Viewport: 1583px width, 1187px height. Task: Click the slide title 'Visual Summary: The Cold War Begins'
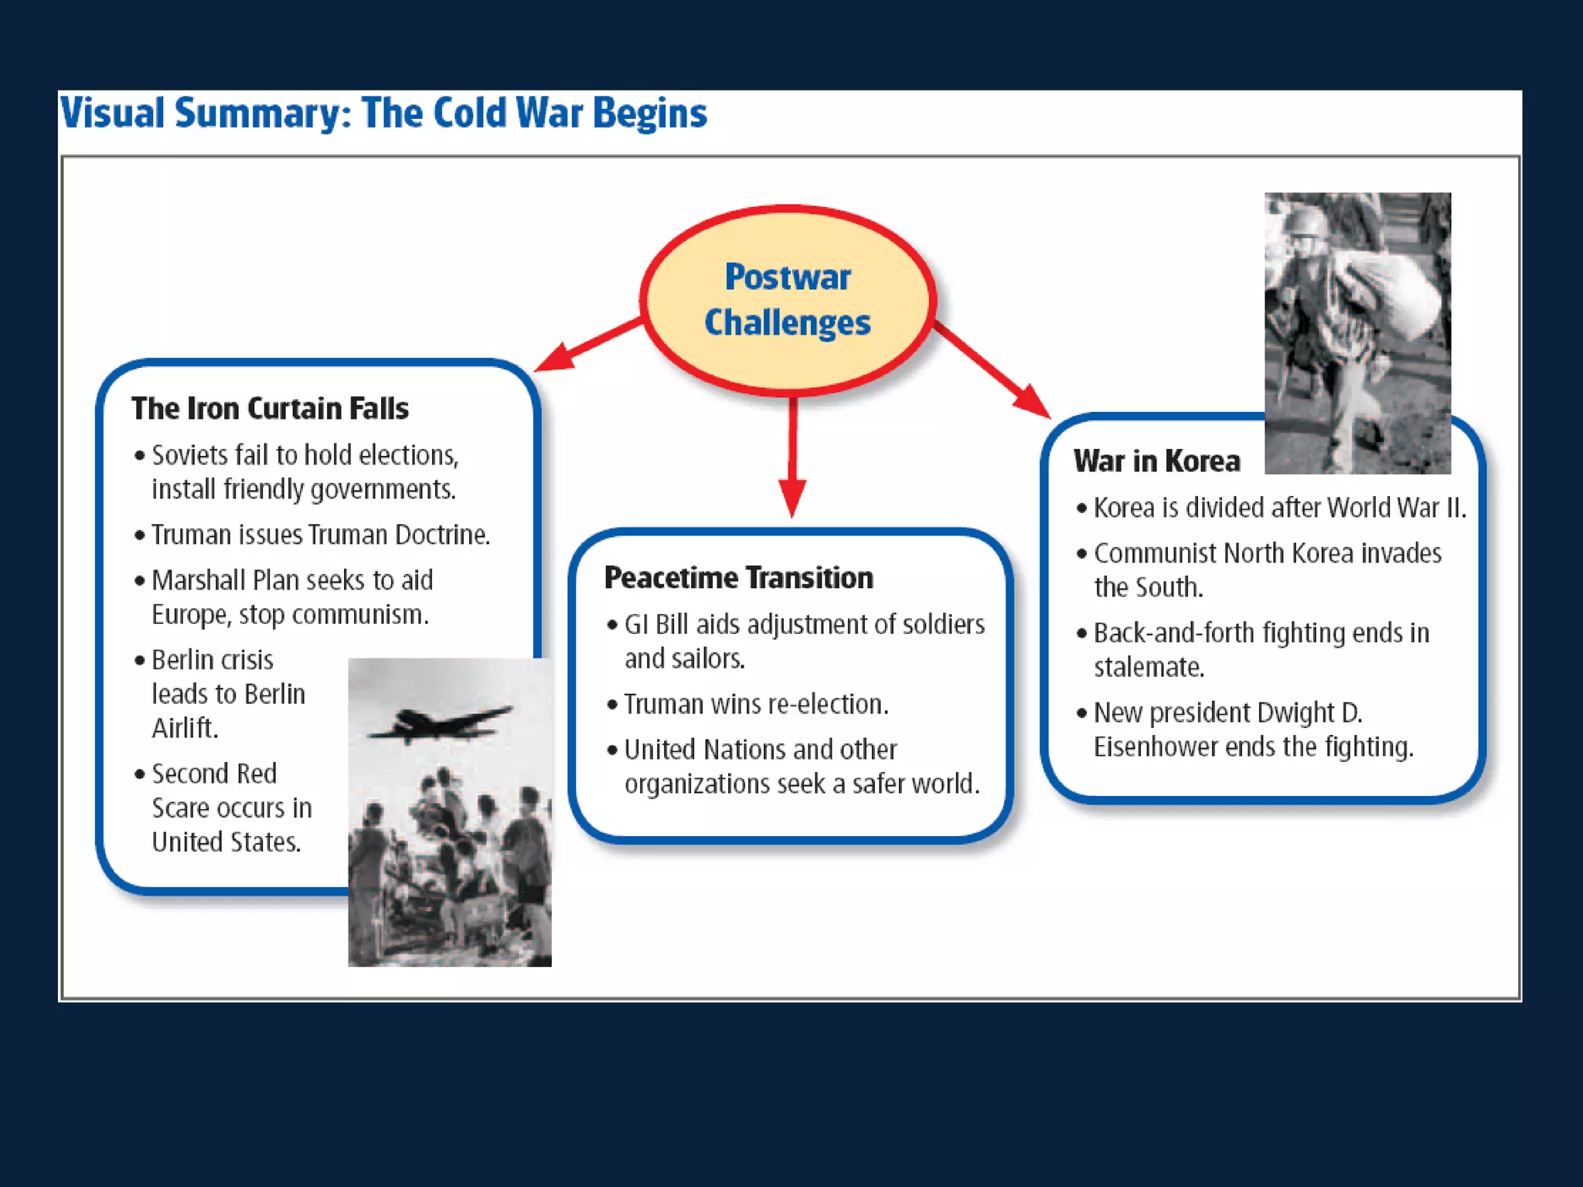383,113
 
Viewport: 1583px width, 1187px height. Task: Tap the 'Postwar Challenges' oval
788,300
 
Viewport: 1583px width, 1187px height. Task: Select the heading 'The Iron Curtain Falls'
270,408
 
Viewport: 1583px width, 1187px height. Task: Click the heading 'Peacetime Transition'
738,577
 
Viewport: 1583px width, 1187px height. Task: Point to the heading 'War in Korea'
1156,461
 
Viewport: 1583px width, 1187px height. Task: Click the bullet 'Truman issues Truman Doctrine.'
320,535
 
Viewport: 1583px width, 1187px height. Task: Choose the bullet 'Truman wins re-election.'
756,704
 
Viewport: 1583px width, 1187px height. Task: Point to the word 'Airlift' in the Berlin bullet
183,728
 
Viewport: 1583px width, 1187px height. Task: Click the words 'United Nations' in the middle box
704,750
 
